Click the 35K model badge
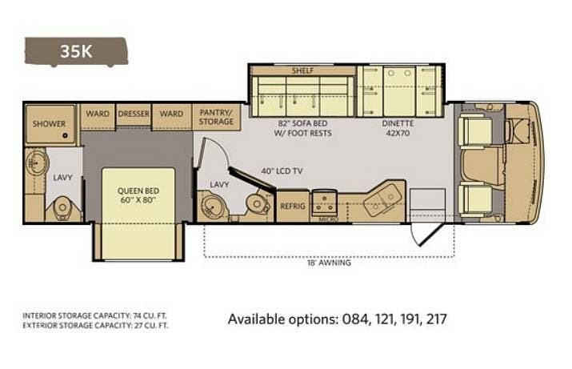(x=76, y=52)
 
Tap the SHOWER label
(x=50, y=124)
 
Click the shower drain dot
(x=65, y=136)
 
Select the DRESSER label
(x=134, y=114)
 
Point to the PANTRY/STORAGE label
(x=216, y=117)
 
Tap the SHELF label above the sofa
(x=302, y=70)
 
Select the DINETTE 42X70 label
(x=398, y=128)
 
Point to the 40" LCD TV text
(x=282, y=170)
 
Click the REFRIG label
(x=293, y=207)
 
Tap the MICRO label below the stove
(x=328, y=219)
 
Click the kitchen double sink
(x=382, y=200)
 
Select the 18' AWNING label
(x=329, y=263)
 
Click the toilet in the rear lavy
(x=62, y=208)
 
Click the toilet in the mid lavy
(x=257, y=204)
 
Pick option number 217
(x=436, y=319)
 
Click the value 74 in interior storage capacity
(x=137, y=315)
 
